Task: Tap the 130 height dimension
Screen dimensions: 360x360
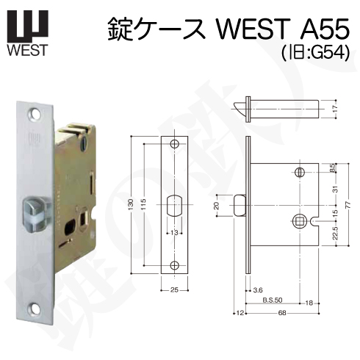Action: [129, 204]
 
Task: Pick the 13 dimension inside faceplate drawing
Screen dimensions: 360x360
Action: [174, 233]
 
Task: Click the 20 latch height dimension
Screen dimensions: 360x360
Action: [217, 205]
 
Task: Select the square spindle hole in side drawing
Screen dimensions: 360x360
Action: [300, 219]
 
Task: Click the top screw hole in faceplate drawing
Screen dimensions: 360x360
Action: [174, 145]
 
